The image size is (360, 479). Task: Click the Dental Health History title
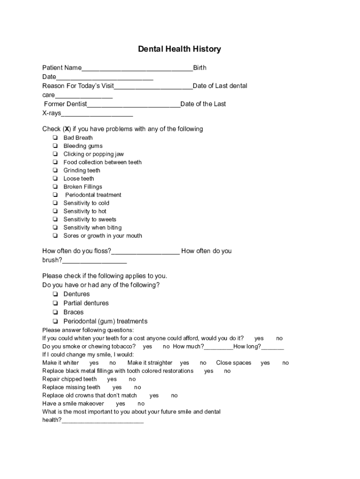point(180,49)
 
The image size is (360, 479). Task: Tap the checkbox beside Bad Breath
point(55,138)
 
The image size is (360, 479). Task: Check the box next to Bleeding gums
point(55,146)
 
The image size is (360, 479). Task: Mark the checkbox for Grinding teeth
point(55,171)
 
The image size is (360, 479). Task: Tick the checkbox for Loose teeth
point(55,179)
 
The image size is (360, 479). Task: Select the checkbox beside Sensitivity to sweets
point(55,219)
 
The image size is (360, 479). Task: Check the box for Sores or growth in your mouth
point(55,236)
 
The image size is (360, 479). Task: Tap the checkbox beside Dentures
point(55,294)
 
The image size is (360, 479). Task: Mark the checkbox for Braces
point(55,312)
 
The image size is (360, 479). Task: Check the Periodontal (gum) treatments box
point(55,321)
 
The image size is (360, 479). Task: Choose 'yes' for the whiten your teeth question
point(259,338)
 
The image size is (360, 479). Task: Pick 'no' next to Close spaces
point(286,363)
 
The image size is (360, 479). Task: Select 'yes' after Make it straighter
point(185,363)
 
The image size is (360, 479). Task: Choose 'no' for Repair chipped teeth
point(132,379)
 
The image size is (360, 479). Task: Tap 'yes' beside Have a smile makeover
point(121,404)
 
